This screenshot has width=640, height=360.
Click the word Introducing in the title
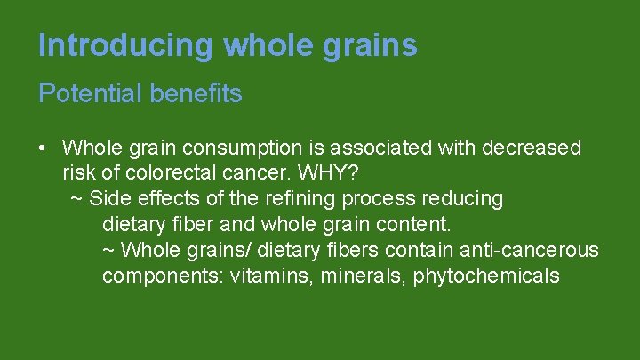(x=126, y=45)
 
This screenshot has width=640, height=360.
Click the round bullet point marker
(x=44, y=148)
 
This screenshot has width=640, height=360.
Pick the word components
(x=161, y=276)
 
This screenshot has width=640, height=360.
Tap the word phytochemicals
(x=486, y=276)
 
